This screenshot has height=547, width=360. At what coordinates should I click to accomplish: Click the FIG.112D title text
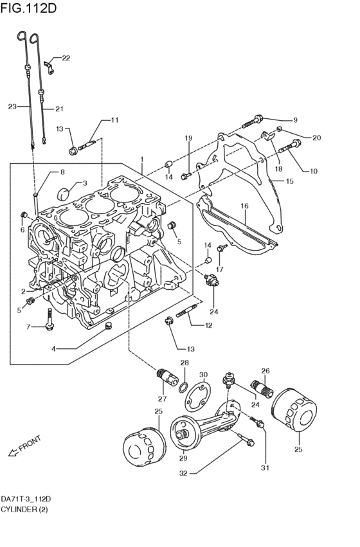click(28, 8)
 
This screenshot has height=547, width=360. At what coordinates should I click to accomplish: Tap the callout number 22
click(66, 58)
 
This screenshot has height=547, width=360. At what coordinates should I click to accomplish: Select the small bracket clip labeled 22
click(50, 67)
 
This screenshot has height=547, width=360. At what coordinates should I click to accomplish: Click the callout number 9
click(296, 120)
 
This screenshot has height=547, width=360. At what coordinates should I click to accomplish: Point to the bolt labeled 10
click(290, 147)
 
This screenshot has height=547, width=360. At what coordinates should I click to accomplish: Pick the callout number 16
click(244, 206)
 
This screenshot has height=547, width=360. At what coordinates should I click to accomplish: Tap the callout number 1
click(142, 159)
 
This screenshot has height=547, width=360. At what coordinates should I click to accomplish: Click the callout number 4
click(53, 348)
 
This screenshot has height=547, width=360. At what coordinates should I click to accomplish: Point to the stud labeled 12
click(187, 310)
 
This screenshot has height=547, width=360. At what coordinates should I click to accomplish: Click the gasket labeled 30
click(198, 398)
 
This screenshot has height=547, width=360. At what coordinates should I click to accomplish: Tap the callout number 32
click(183, 473)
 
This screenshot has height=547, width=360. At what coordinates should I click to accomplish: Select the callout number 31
click(265, 468)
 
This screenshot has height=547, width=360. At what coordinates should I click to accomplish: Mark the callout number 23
click(12, 107)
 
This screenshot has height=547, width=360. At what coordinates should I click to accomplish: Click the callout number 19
click(188, 138)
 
